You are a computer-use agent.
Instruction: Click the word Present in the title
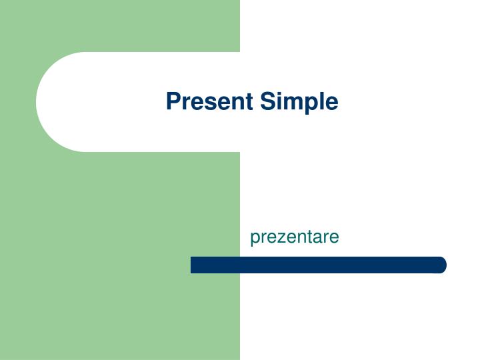click(x=210, y=102)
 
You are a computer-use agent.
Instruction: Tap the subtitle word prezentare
click(x=295, y=237)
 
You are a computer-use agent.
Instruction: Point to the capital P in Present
click(x=173, y=101)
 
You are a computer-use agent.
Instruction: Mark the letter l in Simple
click(x=321, y=101)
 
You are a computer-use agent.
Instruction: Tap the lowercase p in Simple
click(x=310, y=105)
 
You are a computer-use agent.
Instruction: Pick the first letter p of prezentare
click(x=255, y=239)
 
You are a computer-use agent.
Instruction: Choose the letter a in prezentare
click(x=318, y=237)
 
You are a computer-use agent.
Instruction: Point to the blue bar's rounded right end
click(x=441, y=265)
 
